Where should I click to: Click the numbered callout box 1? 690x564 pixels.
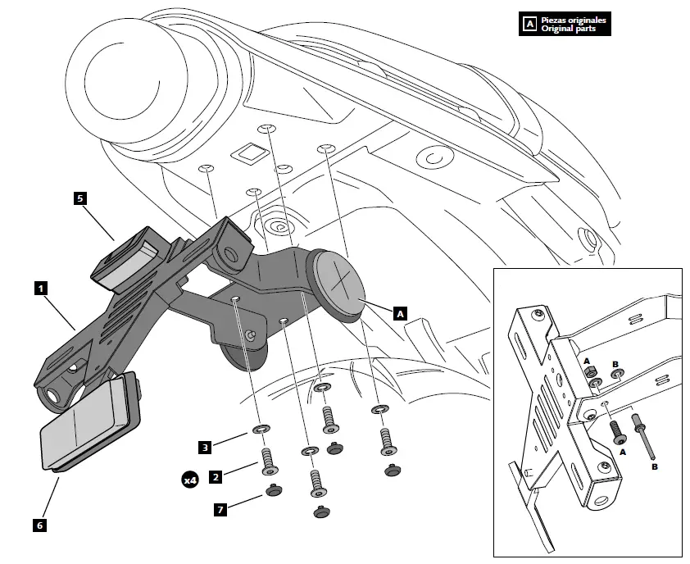40,289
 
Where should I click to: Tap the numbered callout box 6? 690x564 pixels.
40,525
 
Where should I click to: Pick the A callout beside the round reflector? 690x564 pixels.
400,313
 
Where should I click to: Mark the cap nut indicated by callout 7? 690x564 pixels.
271,491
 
